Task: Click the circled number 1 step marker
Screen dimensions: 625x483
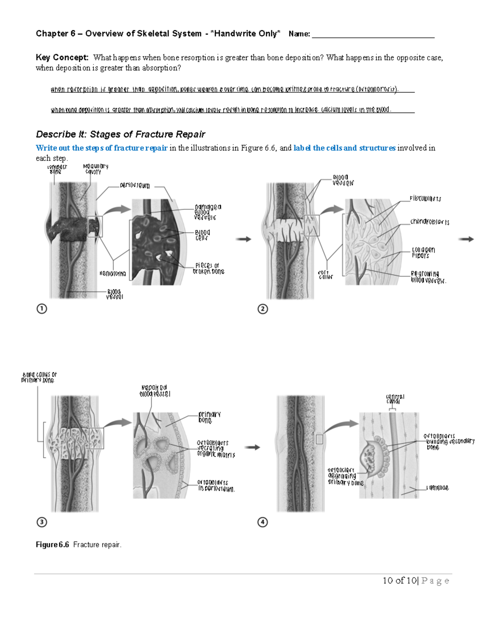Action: pos(41,309)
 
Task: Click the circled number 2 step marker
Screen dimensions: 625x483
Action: pos(262,309)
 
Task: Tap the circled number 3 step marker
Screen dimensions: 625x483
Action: pos(41,522)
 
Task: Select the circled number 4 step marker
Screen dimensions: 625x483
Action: pos(262,522)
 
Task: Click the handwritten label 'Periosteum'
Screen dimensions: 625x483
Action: pos(135,186)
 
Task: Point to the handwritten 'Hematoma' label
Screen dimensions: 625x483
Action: pos(112,274)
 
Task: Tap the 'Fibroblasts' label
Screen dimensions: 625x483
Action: pos(425,198)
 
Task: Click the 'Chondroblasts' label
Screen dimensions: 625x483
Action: pos(429,222)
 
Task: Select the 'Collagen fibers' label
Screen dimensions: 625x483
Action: pos(423,252)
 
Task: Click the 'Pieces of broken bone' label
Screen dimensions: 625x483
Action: pos(208,268)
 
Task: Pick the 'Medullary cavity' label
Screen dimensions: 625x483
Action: pos(95,169)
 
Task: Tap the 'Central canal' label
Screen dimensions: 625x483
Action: pos(395,399)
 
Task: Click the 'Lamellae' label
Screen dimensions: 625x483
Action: pos(438,488)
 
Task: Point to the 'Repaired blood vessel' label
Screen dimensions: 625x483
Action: pos(155,391)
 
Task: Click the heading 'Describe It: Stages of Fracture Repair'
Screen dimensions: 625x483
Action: pos(120,134)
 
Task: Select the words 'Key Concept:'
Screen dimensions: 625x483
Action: pos(62,58)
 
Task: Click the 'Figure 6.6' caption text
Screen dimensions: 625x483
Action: pos(78,545)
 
